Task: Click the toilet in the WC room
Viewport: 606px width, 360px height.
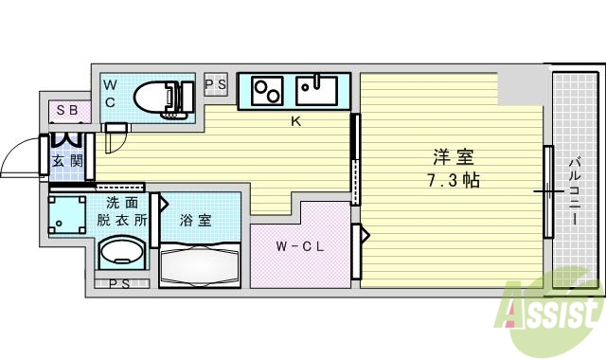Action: coord(161,97)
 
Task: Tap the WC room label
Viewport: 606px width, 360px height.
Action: coord(111,93)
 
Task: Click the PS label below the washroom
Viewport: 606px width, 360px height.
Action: coord(119,283)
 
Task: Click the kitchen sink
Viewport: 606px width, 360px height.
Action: coord(317,90)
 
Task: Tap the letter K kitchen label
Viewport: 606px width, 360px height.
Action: coord(295,121)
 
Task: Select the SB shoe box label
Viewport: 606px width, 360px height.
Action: coord(66,111)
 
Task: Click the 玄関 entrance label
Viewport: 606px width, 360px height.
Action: coord(66,160)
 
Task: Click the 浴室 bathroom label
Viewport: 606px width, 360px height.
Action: coord(195,220)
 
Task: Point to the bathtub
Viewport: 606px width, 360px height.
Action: coord(201,264)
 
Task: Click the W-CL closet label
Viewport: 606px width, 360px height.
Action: coord(301,248)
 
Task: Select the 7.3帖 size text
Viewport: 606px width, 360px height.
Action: coord(452,180)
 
